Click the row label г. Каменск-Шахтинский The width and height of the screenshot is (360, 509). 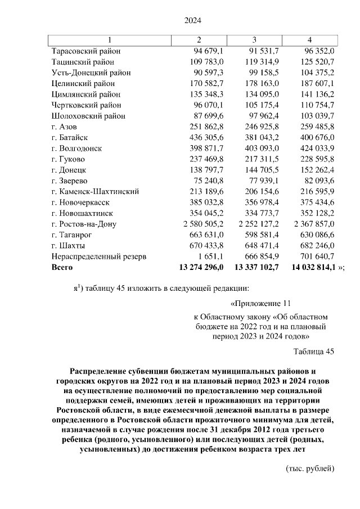tap(94, 191)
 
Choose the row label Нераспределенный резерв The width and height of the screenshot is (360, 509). tap(98, 256)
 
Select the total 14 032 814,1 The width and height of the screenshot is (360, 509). tap(312, 267)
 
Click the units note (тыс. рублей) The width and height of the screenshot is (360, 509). tap(310, 469)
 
